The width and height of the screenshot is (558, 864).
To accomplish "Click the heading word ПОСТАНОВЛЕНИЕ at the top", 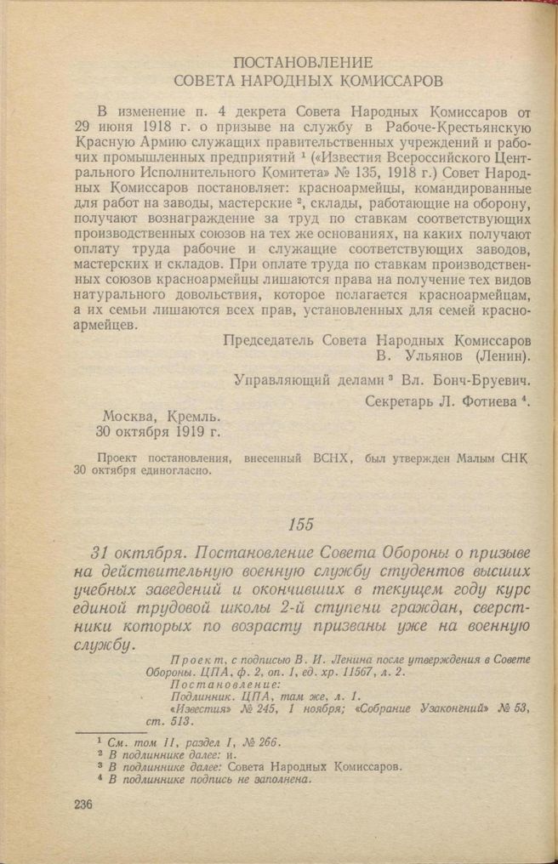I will pos(303,63).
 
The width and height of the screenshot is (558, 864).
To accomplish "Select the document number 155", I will pos(303,523).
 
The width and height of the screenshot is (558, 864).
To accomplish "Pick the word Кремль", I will pos(195,418).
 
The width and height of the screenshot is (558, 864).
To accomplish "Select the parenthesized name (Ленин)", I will pos(504,355).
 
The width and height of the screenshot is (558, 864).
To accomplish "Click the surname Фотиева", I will pos(484,401).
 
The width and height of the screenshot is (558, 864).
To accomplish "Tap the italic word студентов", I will pos(396,571).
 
